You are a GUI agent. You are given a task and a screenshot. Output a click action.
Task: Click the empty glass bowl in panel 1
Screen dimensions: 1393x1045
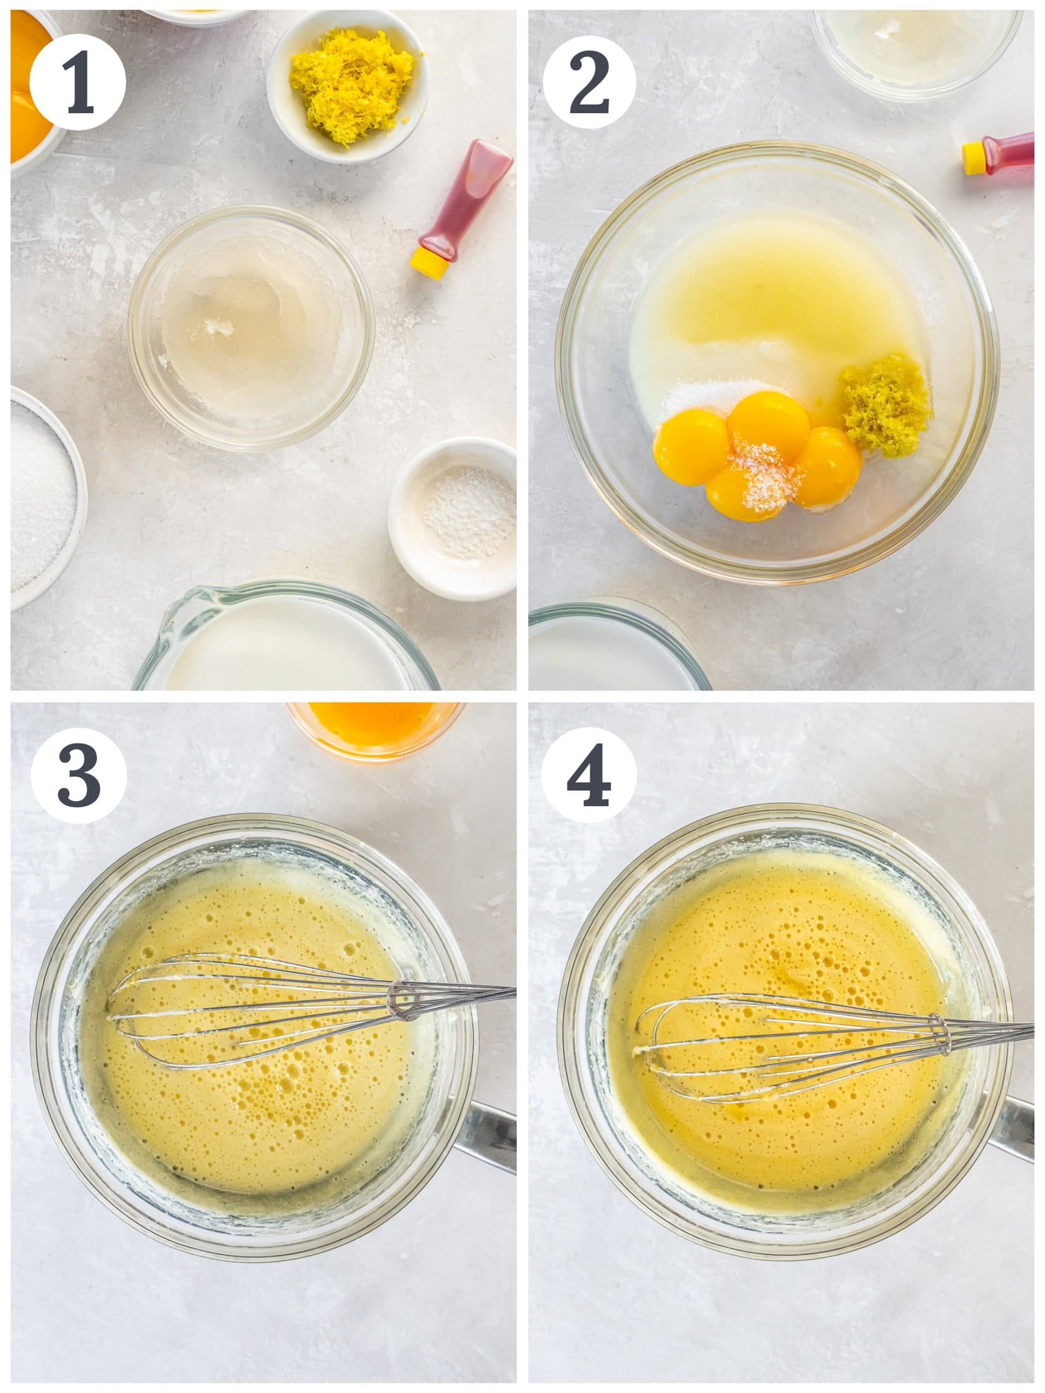point(250,328)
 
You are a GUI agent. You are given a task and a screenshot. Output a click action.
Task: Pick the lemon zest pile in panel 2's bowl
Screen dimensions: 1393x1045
point(887,405)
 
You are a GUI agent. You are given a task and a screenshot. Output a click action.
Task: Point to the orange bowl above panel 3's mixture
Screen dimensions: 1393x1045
point(374,728)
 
